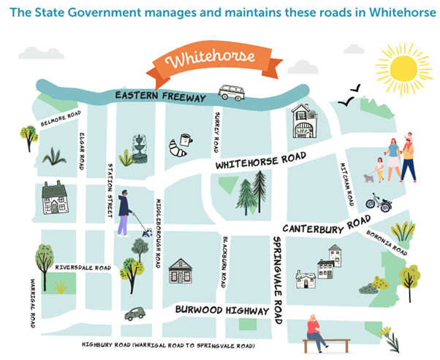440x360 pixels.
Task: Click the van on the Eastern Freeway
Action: (x=232, y=93)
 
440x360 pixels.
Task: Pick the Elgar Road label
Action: (x=83, y=150)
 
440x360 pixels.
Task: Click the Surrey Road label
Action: (x=216, y=132)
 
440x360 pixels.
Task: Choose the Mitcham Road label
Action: (x=349, y=183)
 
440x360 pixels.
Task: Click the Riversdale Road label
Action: (x=83, y=268)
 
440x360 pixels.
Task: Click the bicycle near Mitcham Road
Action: (x=378, y=202)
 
